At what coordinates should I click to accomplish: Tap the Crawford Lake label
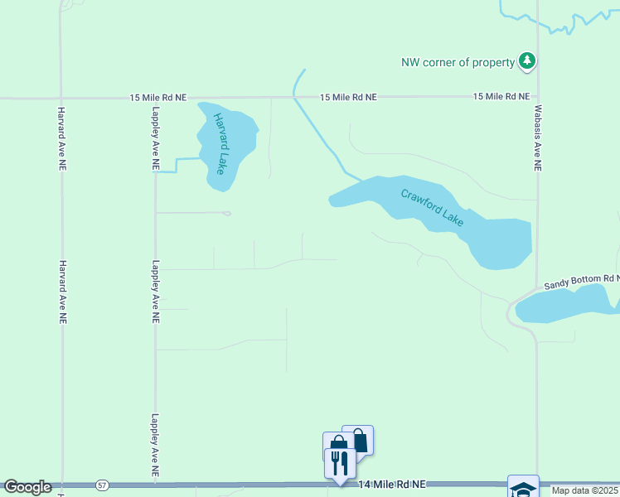432,208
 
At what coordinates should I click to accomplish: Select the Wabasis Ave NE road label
537,143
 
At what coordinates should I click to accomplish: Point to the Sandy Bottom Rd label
581,282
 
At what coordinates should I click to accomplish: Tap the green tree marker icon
526,60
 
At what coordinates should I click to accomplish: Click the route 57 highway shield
102,485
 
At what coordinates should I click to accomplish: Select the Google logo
27,487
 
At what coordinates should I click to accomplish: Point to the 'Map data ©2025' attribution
584,490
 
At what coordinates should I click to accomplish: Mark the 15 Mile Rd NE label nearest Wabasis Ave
501,97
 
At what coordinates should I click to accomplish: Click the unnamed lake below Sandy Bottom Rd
568,309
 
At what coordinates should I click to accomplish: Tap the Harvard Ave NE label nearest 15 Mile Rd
61,138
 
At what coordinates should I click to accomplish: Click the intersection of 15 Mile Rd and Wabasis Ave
537,97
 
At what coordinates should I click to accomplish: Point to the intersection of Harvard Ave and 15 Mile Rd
61,98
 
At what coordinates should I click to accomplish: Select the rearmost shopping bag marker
359,438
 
